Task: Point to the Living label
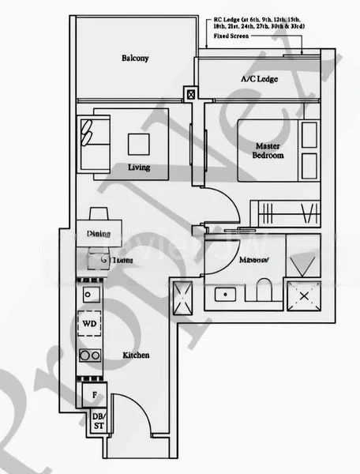tap(139, 168)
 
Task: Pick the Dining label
tap(98, 235)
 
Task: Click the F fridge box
tap(94, 393)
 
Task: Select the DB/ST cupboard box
tap(98, 422)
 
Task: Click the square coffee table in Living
tap(139, 142)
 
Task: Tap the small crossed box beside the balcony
tap(190, 94)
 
